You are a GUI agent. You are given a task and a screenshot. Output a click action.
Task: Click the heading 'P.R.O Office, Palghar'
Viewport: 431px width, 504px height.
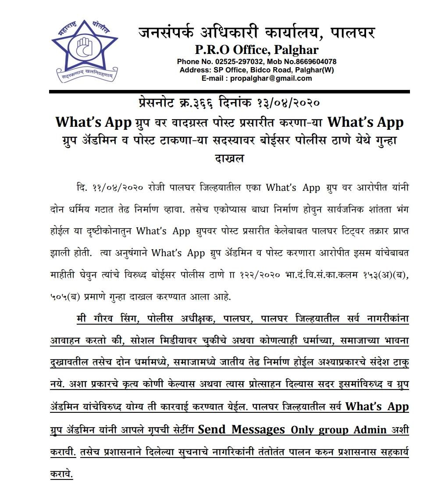click(257, 49)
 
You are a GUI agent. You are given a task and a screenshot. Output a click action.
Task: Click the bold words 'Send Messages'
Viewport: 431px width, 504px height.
click(241, 429)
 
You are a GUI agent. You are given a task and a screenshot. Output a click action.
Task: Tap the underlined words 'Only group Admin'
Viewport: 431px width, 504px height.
click(339, 430)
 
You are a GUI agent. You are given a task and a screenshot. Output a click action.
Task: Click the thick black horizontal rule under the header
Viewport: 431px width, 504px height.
click(229, 92)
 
